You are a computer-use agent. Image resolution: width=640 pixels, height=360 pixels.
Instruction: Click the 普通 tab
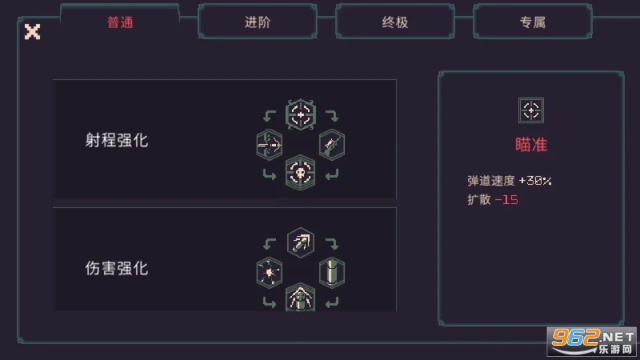click(120, 22)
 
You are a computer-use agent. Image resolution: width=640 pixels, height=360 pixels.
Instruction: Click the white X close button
click(32, 31)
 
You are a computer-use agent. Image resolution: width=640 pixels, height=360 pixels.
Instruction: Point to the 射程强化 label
click(117, 140)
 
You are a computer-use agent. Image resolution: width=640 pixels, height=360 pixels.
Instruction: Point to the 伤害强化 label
click(117, 268)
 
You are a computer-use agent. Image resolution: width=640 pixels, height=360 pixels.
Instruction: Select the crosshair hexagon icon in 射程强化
click(301, 115)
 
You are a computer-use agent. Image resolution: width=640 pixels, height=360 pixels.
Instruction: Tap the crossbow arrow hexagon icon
click(269, 145)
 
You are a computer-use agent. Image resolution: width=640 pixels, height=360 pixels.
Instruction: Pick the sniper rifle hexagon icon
click(332, 145)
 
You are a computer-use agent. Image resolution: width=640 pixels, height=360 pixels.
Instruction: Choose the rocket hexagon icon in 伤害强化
click(301, 243)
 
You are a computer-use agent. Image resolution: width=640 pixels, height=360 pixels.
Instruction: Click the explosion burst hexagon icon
click(269, 272)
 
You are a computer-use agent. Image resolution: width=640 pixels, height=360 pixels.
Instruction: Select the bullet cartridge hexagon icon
click(332, 272)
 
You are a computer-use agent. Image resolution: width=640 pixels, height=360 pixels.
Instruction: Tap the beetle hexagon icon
click(301, 297)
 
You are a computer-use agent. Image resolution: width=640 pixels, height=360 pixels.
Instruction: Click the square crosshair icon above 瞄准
click(531, 110)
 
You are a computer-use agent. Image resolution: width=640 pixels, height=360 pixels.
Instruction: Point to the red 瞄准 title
click(531, 145)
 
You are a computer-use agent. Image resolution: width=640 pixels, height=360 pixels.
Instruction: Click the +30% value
click(535, 181)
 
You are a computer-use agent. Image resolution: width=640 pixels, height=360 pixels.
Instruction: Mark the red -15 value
click(506, 199)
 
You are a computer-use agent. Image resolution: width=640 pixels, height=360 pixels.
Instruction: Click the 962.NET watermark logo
click(592, 341)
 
